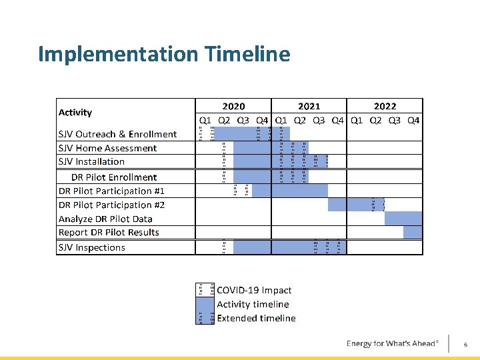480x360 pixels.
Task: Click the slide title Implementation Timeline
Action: click(x=164, y=54)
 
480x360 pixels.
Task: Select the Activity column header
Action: click(x=75, y=113)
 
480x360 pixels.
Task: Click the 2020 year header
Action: click(x=233, y=106)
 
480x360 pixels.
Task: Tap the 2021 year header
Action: click(x=309, y=106)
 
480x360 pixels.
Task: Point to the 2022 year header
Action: click(x=385, y=106)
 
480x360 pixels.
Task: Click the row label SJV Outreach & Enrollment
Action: click(x=117, y=134)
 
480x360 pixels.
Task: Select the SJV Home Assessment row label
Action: click(x=107, y=148)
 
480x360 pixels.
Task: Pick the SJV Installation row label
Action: click(x=91, y=161)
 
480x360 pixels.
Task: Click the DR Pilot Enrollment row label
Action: click(x=114, y=177)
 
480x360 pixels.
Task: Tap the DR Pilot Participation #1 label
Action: click(x=111, y=191)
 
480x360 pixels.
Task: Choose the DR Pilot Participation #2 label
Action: click(x=111, y=205)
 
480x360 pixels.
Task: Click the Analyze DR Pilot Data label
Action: click(x=105, y=219)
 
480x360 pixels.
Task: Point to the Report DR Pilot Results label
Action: click(x=109, y=233)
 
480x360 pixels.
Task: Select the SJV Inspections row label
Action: click(x=91, y=247)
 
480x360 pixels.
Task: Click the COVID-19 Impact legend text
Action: click(x=254, y=290)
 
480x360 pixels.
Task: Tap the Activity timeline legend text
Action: click(x=253, y=304)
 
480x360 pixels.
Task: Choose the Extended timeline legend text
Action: click(x=256, y=318)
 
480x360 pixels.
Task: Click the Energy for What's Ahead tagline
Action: click(x=392, y=343)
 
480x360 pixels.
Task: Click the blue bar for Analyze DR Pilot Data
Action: click(x=403, y=219)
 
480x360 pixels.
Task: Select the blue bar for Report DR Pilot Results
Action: click(x=413, y=232)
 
